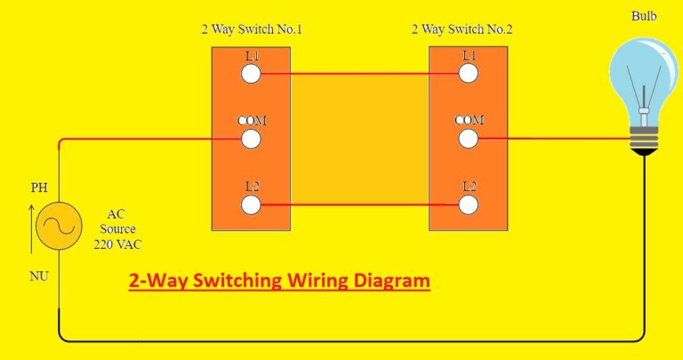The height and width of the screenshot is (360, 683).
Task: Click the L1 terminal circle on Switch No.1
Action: (x=252, y=74)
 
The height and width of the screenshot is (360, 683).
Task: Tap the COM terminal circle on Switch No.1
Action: (x=252, y=139)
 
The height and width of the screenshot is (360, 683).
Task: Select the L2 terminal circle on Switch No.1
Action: (x=252, y=204)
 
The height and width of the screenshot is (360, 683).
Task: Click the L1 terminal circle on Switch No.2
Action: (x=469, y=74)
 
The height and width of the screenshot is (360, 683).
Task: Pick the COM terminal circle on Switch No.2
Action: (x=469, y=139)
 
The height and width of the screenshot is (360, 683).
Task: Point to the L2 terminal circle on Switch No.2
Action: (x=469, y=204)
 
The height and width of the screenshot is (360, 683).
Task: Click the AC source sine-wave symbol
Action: (x=59, y=228)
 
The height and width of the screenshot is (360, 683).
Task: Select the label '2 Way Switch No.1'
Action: (x=252, y=29)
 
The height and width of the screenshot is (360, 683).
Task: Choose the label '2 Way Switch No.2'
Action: (x=462, y=29)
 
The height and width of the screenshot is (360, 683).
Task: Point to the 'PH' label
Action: (x=39, y=188)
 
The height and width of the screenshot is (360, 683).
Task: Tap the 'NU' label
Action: (x=38, y=276)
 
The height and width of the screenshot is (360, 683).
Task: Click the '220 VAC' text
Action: (x=117, y=244)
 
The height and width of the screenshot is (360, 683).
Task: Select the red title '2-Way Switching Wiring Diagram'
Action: (x=279, y=282)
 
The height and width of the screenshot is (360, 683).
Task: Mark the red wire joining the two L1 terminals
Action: (x=360, y=74)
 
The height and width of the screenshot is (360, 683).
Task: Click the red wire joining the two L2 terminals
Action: (x=360, y=204)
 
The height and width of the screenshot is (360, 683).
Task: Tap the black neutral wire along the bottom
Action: (x=356, y=340)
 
